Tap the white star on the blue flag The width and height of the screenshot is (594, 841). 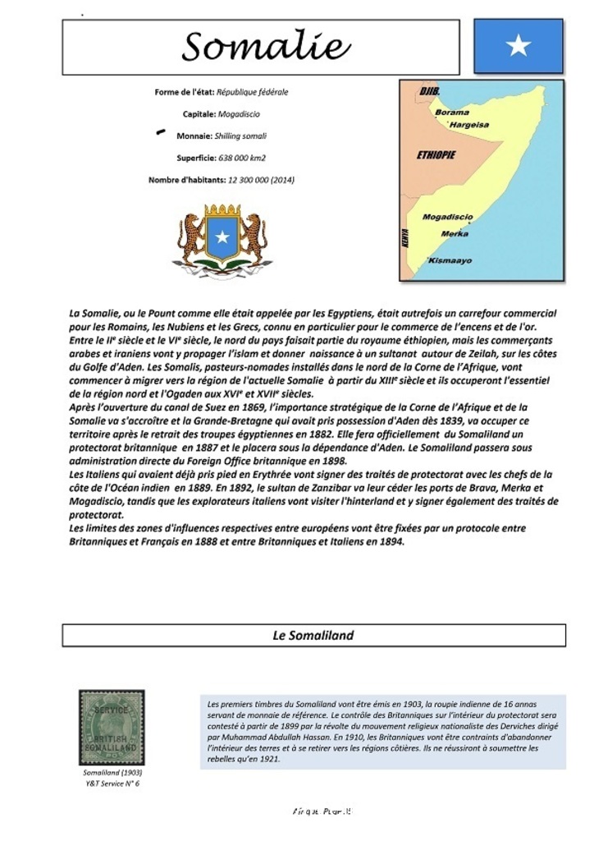tap(519, 46)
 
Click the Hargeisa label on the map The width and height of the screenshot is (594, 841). tap(469, 125)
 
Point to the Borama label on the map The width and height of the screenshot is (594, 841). tap(452, 113)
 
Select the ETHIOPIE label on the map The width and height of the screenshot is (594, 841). tap(436, 154)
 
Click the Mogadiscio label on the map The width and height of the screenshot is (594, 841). tap(447, 217)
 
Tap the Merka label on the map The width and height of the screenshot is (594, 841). tap(455, 234)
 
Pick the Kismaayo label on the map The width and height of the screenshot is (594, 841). tap(450, 260)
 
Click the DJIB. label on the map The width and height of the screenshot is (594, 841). tap(429, 90)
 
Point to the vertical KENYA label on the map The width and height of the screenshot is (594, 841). tap(404, 238)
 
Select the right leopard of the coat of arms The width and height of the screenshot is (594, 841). tap(254, 238)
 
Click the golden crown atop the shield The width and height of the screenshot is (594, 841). tap(222, 211)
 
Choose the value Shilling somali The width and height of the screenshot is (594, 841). tap(240, 136)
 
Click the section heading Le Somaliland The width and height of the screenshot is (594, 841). tap(313, 635)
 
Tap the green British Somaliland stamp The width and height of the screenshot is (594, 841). tap(112, 727)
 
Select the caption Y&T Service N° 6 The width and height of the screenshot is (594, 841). tap(112, 784)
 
